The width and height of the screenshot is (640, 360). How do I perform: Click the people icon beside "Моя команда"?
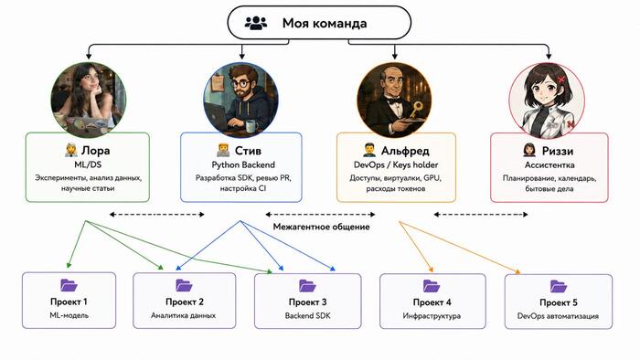click(256, 23)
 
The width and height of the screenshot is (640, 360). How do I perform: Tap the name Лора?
click(95, 151)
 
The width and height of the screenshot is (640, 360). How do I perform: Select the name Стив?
click(248, 151)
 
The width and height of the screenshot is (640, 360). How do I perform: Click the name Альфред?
click(405, 151)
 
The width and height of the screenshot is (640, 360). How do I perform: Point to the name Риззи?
click(558, 151)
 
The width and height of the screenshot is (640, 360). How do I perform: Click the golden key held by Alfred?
click(416, 110)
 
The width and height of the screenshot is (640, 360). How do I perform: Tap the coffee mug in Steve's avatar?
click(251, 126)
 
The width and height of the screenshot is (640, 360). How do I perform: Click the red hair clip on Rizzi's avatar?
click(561, 78)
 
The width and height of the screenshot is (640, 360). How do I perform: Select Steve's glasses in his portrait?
click(241, 84)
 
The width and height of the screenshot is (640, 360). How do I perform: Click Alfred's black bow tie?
click(393, 101)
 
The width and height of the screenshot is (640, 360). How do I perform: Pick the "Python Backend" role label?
click(243, 164)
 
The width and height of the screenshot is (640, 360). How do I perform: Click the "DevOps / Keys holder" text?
click(396, 164)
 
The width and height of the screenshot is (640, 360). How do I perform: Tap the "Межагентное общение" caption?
click(321, 227)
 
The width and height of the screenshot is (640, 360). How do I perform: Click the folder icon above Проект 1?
click(69, 285)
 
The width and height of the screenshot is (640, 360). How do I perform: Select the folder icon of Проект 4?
click(432, 286)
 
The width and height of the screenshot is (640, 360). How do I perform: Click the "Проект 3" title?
click(308, 302)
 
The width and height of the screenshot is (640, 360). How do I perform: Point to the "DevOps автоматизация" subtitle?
click(558, 316)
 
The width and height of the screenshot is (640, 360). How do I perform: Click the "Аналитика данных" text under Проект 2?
click(183, 315)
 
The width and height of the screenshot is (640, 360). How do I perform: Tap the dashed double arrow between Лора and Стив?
click(156, 215)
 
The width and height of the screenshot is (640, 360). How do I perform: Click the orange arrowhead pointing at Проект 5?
click(517, 271)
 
